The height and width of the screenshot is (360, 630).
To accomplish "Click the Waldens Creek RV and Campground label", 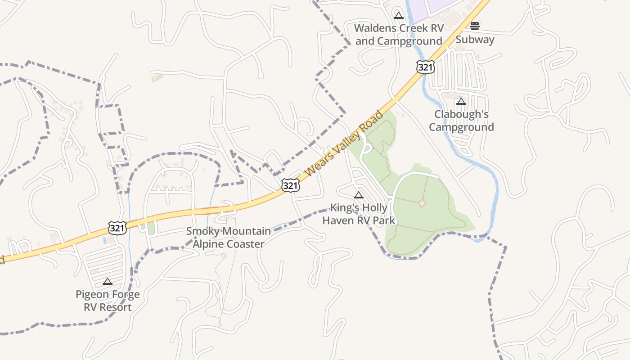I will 399,35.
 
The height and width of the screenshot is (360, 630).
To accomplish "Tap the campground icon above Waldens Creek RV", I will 398,16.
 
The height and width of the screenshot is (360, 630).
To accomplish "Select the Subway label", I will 475,40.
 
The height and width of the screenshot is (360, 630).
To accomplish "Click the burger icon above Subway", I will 475,26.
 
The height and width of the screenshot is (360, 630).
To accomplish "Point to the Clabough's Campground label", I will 461,121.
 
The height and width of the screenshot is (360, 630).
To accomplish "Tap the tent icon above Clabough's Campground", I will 461,102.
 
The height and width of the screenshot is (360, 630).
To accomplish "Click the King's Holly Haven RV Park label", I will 359,214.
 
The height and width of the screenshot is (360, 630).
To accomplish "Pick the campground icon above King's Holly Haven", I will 359,195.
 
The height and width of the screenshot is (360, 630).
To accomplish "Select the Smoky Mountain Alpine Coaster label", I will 229,238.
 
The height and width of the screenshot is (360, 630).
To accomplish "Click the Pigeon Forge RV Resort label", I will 108,301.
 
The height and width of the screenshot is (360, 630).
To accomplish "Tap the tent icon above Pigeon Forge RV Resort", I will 107,282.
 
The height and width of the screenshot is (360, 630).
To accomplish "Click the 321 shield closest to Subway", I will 425,67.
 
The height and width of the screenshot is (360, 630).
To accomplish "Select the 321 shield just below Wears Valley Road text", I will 291,185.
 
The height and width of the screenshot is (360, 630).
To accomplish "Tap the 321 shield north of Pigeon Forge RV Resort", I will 117,228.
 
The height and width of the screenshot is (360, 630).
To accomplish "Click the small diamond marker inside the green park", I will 422,203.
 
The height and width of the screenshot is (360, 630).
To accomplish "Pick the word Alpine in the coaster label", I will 210,244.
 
